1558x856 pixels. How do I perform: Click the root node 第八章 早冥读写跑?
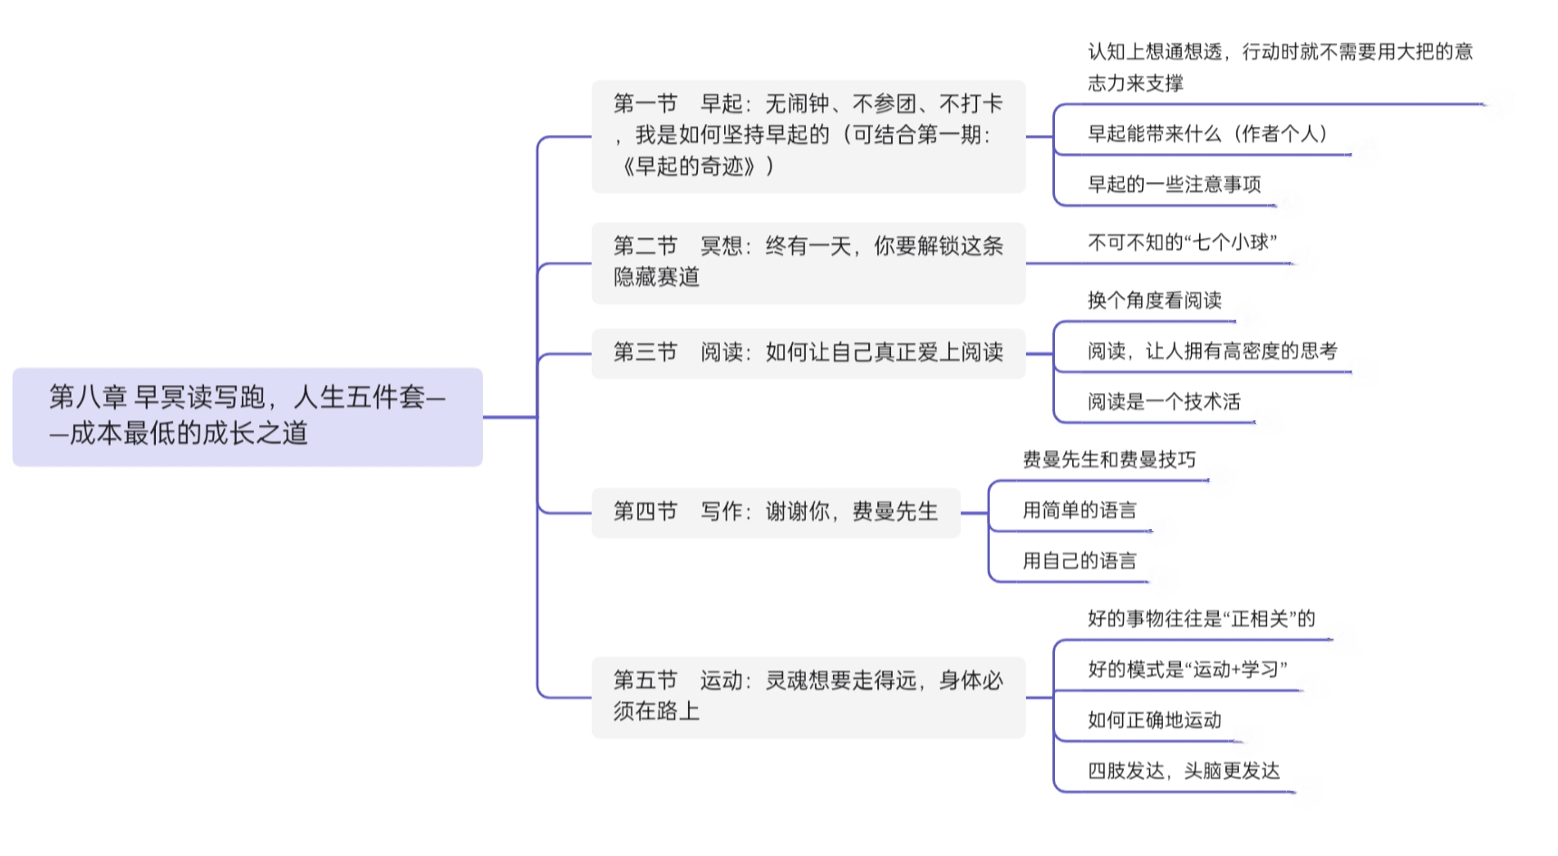(247, 417)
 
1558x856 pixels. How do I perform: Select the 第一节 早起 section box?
(808, 136)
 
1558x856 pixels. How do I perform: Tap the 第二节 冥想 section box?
(808, 263)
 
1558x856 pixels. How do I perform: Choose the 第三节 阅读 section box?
(808, 353)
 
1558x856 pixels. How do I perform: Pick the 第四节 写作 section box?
(776, 513)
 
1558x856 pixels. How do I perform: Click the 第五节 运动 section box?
(808, 697)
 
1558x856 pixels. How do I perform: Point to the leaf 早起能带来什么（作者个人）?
(1208, 134)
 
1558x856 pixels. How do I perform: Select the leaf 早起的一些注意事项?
(1175, 185)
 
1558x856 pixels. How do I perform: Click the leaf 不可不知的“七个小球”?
(1183, 243)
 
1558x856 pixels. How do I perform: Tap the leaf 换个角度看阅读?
(1155, 301)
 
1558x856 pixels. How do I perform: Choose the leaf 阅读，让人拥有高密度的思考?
(1213, 351)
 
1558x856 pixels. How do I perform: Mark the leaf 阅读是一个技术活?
(1165, 402)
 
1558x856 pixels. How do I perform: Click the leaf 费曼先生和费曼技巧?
(1109, 460)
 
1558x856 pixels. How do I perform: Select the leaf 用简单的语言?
(1079, 511)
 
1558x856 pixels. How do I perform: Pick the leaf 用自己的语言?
(1079, 562)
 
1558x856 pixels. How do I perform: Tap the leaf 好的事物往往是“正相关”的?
(1202, 620)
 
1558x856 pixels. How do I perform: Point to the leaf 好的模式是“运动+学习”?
(1187, 670)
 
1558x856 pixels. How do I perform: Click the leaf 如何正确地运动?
(1155, 721)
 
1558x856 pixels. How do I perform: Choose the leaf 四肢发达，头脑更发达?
(1184, 772)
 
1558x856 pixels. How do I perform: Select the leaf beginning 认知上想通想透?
(1281, 67)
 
